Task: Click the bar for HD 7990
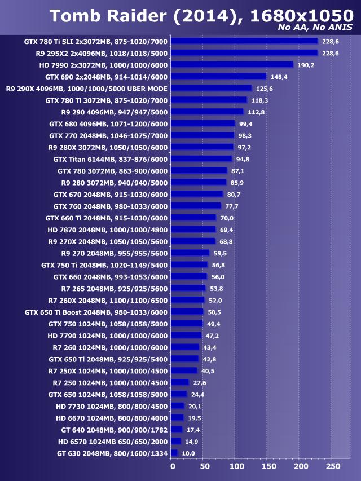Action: click(232, 65)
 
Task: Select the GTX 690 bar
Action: click(218, 76)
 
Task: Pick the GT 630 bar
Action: click(174, 453)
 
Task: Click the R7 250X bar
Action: click(184, 370)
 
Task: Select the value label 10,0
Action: click(188, 453)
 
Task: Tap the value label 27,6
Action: click(200, 382)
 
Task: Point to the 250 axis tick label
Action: click(333, 466)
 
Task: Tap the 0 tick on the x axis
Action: click(173, 466)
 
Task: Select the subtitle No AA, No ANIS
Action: click(315, 28)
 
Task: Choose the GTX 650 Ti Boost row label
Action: click(96, 312)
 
